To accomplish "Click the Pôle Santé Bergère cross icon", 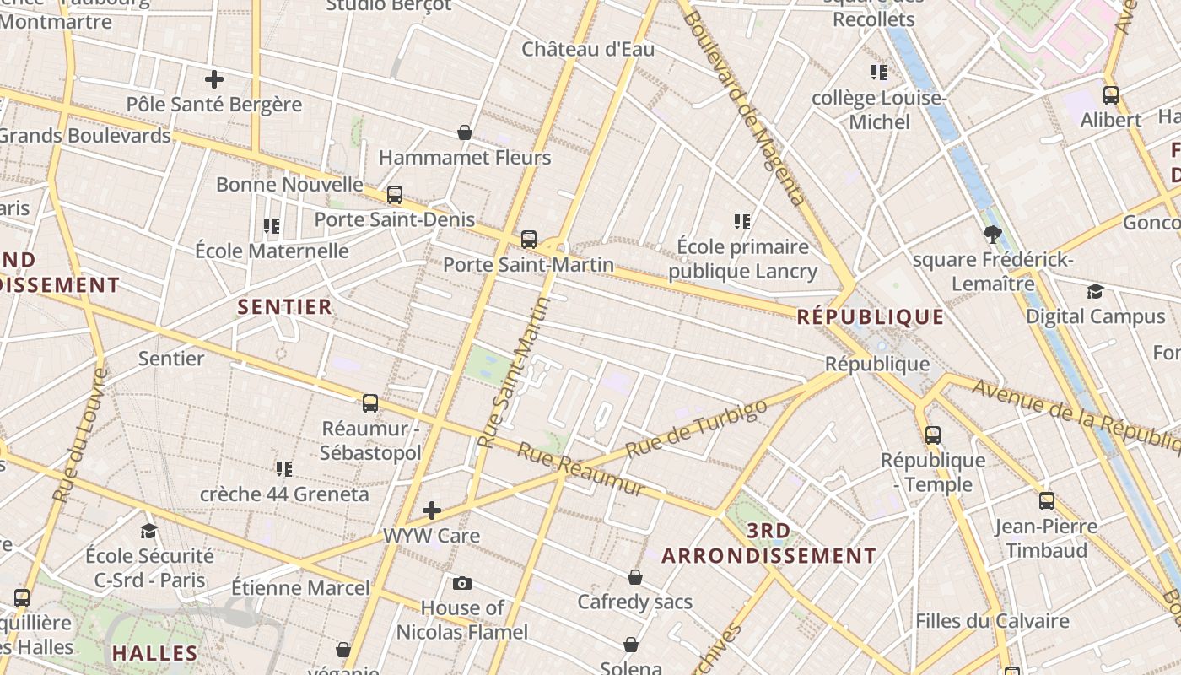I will [x=214, y=79].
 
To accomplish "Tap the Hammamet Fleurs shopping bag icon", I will [x=464, y=132].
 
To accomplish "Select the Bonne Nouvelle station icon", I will [x=395, y=195].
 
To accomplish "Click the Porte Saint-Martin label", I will [x=528, y=265].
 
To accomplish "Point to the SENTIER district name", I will [x=285, y=306].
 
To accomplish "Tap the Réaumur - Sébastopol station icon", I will [x=370, y=403].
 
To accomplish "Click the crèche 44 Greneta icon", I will [x=284, y=468].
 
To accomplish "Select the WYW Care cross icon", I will [x=432, y=510].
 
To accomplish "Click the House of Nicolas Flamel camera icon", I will [x=462, y=583].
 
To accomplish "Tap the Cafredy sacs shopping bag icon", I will [x=635, y=577].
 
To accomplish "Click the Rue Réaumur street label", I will [x=581, y=470].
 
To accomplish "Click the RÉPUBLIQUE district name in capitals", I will [x=871, y=317].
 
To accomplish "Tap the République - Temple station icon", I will [x=933, y=435].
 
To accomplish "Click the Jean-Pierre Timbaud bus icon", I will [x=1047, y=501].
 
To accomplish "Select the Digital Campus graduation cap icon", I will [x=1095, y=292].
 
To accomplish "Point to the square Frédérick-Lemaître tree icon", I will [x=992, y=235].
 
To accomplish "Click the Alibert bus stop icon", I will [x=1111, y=95].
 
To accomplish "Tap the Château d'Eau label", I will [x=588, y=49].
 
